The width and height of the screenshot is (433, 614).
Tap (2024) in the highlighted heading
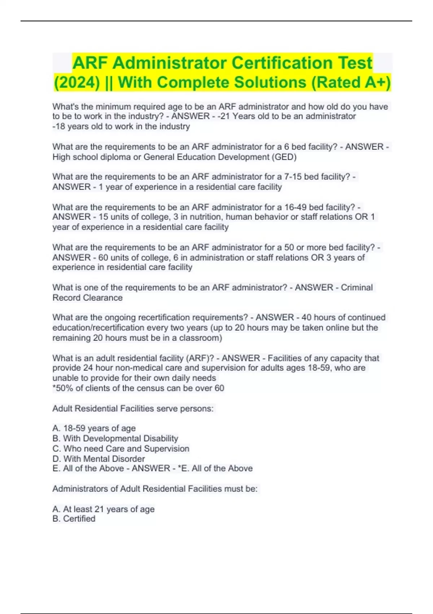point(76,82)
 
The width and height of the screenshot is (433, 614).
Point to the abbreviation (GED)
point(284,157)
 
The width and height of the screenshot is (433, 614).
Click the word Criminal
point(357,287)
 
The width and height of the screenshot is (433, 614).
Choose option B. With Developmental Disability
point(115,438)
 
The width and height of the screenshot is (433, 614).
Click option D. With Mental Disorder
point(99,459)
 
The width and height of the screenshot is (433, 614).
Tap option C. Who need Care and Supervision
point(121,449)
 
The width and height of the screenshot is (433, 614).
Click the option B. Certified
point(74,519)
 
